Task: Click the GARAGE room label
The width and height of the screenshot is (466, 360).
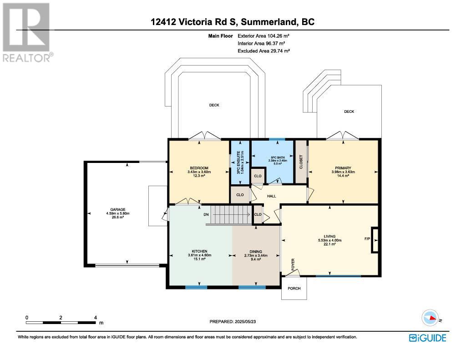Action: (118, 209)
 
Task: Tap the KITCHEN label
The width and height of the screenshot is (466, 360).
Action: (199, 251)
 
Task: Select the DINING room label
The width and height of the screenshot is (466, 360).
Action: (256, 252)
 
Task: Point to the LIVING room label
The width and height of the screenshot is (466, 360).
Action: (329, 236)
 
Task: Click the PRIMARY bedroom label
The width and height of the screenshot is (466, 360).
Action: (343, 168)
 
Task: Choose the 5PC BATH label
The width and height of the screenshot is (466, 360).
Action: (278, 157)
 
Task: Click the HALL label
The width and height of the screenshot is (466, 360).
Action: (271, 196)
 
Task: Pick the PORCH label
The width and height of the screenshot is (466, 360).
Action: (294, 289)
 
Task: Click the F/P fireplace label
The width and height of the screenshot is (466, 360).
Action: (367, 239)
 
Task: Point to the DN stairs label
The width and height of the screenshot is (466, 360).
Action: (206, 215)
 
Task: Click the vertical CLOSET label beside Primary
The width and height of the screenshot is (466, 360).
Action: (301, 162)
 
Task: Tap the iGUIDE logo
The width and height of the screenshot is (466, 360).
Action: (427, 338)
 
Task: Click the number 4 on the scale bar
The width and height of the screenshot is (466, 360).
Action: (96, 318)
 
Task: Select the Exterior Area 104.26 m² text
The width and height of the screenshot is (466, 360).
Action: (263, 36)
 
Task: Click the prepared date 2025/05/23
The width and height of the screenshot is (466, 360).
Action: (245, 321)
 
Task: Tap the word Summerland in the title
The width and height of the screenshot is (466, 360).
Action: (268, 22)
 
